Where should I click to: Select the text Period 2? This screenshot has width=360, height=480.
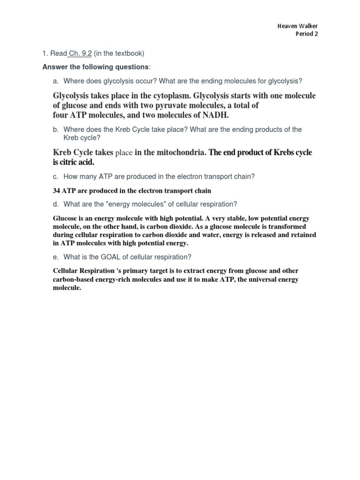coord(307,34)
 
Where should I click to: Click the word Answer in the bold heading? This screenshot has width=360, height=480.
coord(54,67)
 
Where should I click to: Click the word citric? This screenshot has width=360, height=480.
coord(70,162)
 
